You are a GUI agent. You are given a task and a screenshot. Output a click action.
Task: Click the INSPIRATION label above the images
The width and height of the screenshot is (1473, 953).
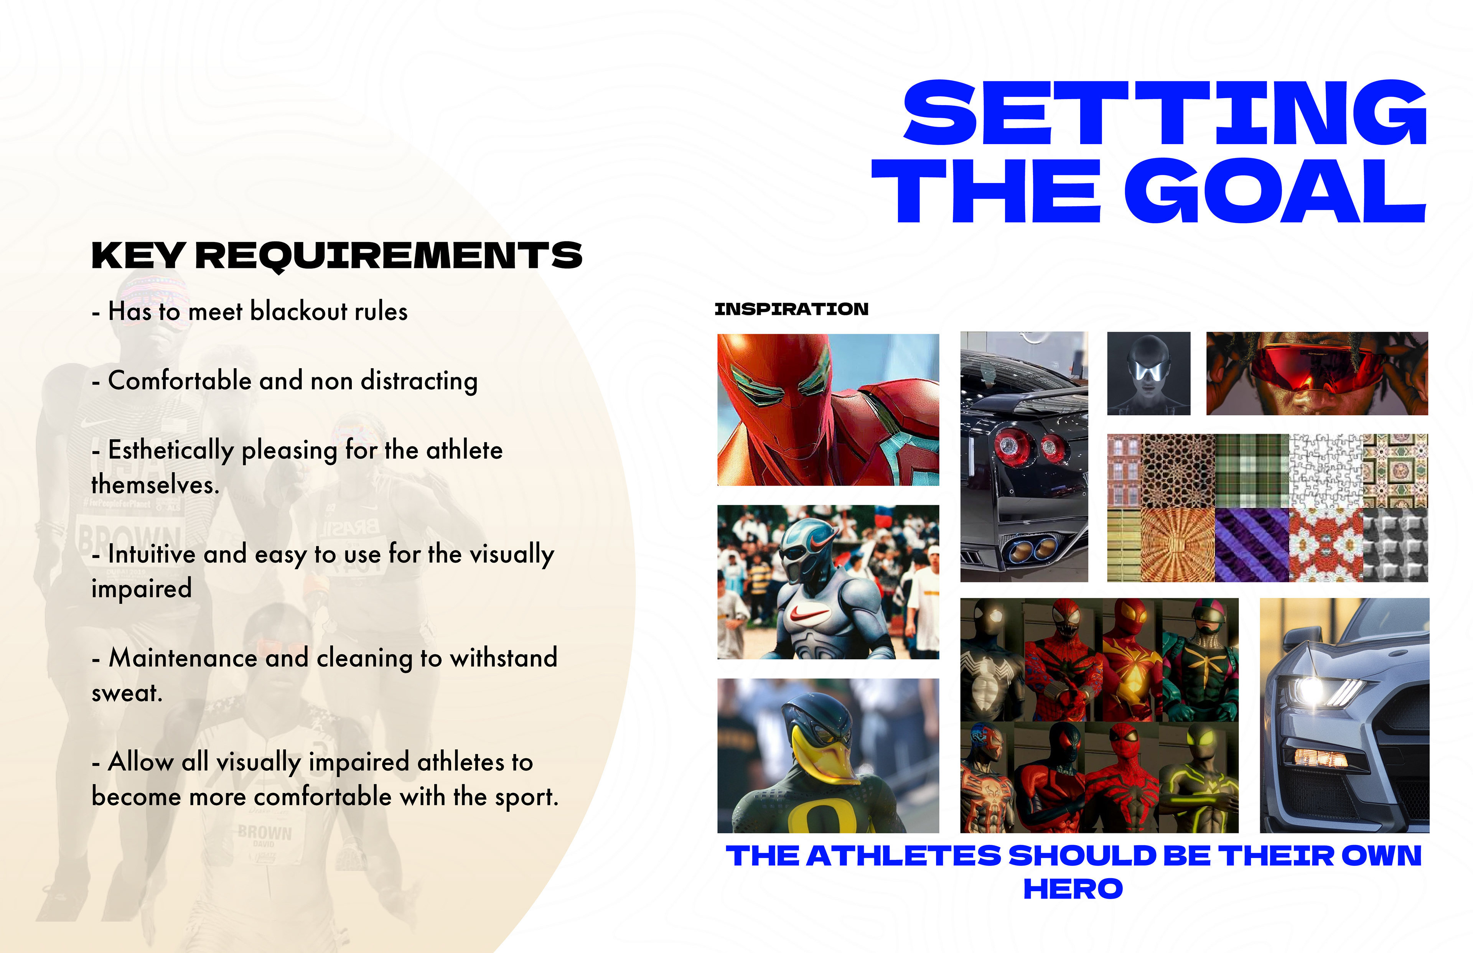(x=792, y=309)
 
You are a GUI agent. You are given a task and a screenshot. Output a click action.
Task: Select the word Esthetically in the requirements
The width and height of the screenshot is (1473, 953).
(x=171, y=451)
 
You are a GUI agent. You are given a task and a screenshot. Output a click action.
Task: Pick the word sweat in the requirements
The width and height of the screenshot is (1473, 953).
(x=126, y=693)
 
